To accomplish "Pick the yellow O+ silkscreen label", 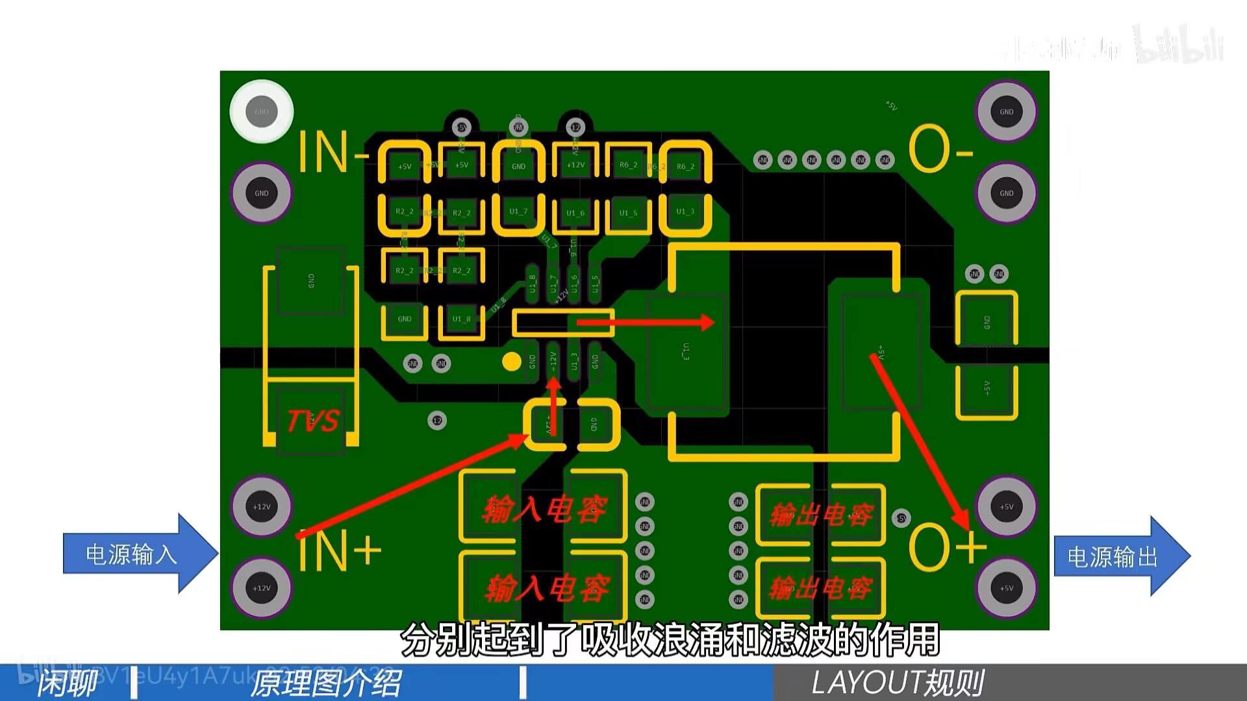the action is pos(946,547).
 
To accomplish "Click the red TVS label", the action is pos(312,421).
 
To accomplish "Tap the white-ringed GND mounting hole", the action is pos(262,112).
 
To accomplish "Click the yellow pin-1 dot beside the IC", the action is pos(512,362).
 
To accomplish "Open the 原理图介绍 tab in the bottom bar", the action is pos(326,683).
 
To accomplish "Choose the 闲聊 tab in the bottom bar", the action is pos(67,683).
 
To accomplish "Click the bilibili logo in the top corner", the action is pos(1179,44).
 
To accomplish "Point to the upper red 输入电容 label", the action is pos(544,510).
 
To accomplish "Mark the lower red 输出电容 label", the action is pos(820,589).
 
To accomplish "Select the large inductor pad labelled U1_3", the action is pos(686,352).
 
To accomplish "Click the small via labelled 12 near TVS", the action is pos(437,421).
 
